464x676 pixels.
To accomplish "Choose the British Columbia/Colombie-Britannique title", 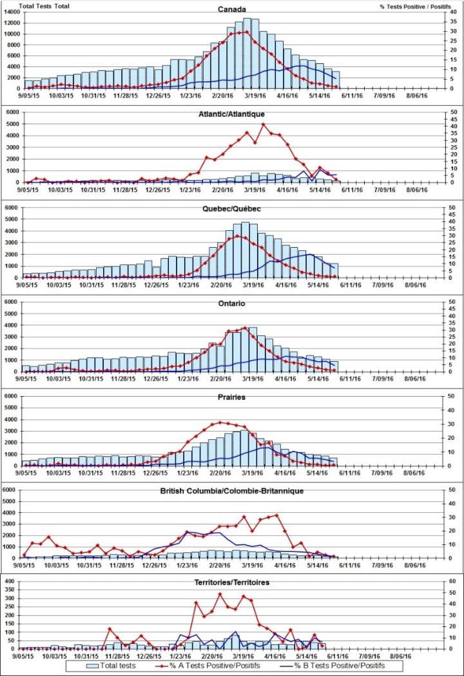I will coord(231,491).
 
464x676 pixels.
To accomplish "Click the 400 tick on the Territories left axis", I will coord(10,581).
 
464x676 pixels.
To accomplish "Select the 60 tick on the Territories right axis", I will coord(454,581).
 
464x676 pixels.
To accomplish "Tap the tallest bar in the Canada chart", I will coord(247,52).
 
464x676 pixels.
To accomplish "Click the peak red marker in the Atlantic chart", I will coord(263,124).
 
